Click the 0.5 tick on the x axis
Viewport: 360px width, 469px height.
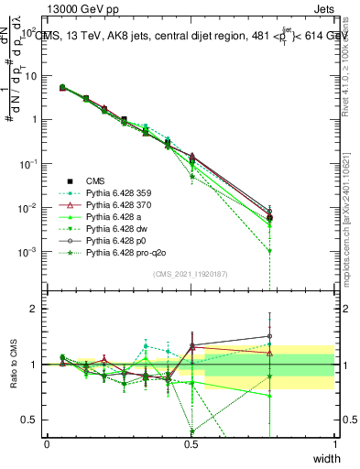(x=191, y=442)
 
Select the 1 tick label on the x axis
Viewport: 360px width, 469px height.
(x=334, y=442)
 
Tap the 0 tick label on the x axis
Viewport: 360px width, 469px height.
(x=47, y=442)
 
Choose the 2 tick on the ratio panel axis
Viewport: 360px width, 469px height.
(x=37, y=309)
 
